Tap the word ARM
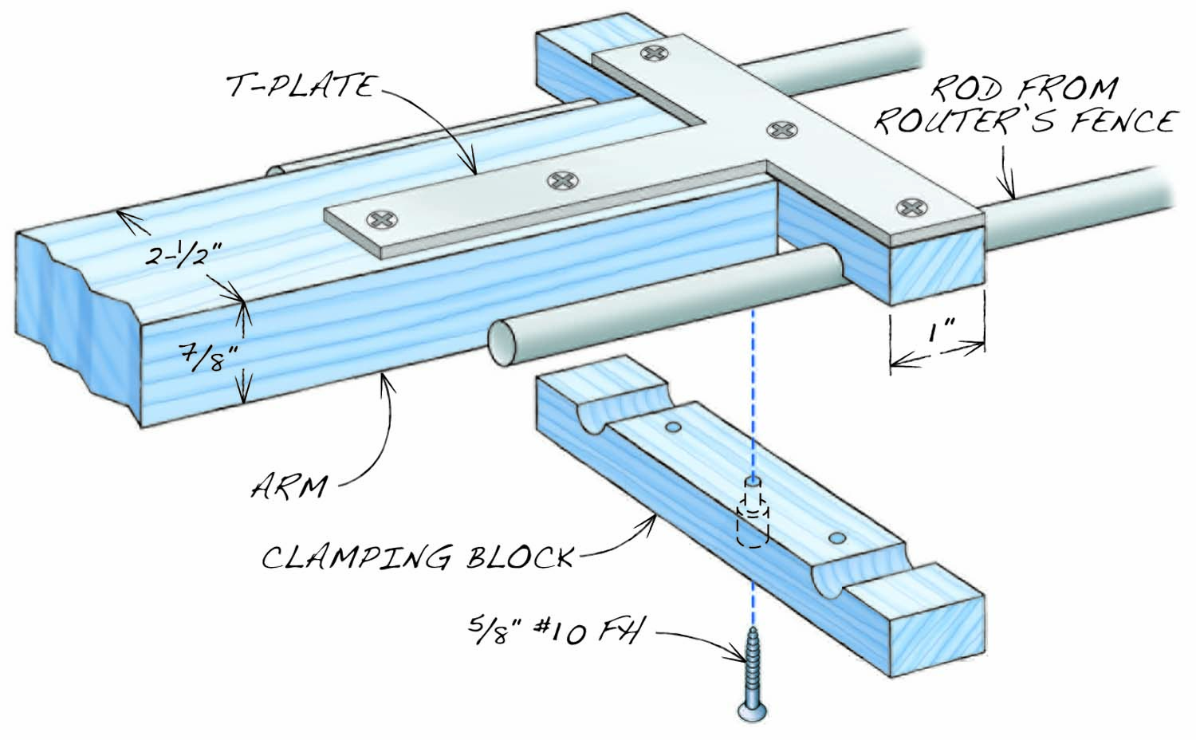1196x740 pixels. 289,485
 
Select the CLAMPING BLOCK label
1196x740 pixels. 418,557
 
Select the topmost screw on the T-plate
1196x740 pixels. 655,54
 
